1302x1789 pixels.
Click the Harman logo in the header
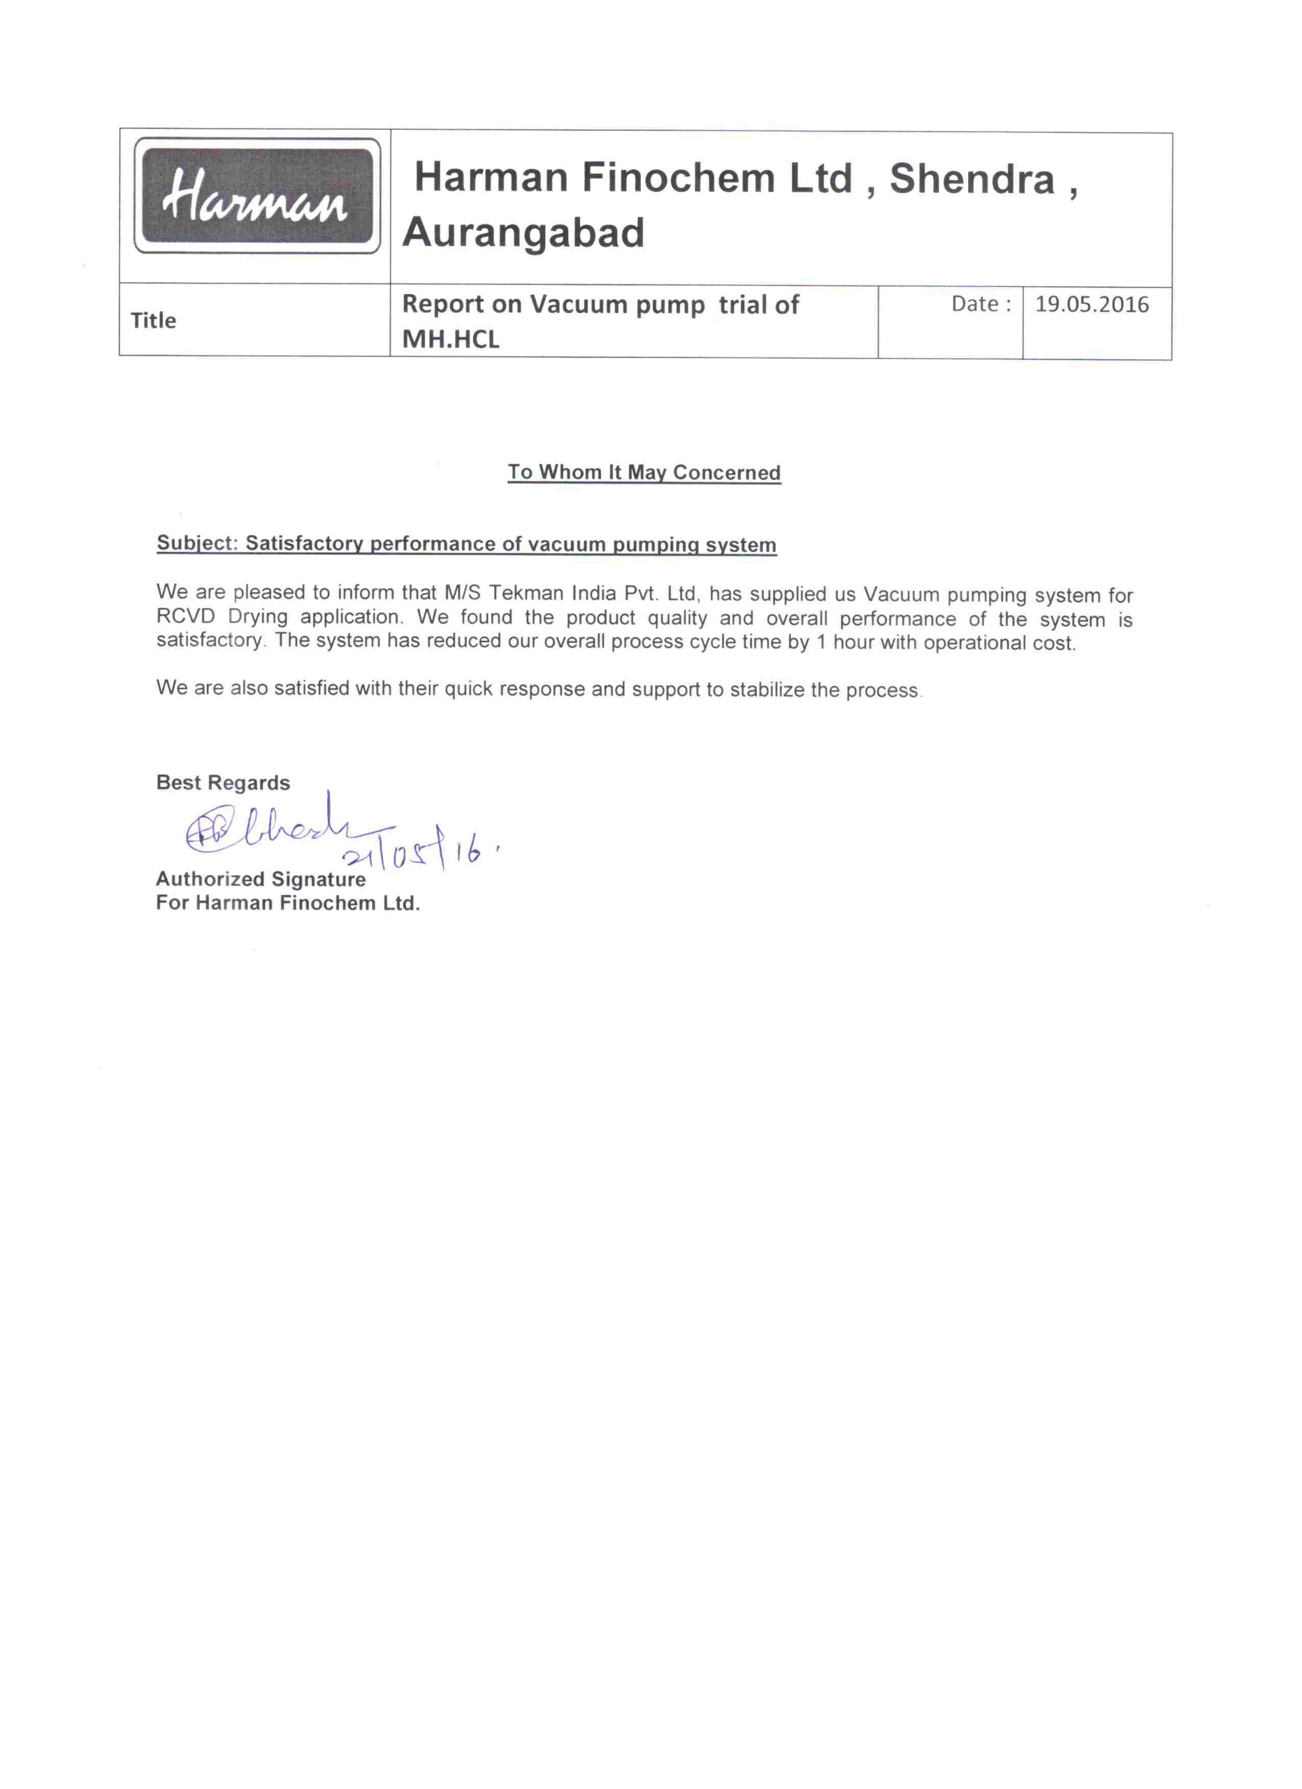256,196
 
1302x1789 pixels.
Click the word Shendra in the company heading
971,178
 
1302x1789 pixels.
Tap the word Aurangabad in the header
523,233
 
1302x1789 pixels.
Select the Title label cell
154,320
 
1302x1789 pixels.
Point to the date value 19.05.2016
1092,305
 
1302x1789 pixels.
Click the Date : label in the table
981,305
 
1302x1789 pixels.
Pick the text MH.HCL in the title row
450,339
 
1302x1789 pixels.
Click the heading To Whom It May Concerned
644,472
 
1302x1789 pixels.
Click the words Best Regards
223,783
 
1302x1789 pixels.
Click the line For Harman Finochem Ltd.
288,903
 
